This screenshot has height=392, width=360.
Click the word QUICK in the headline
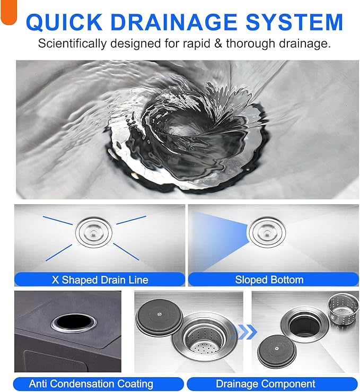64,22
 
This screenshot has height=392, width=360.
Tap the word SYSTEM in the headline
294,22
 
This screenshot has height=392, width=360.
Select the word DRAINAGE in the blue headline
174,22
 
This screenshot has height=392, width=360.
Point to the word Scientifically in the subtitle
72,44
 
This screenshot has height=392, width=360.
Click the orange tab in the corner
8,12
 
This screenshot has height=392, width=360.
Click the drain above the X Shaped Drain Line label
94,232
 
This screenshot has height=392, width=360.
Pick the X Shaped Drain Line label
100,280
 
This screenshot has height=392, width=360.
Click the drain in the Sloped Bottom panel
268,232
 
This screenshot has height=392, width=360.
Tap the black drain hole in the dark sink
74,322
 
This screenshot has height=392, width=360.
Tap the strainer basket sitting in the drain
204,338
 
